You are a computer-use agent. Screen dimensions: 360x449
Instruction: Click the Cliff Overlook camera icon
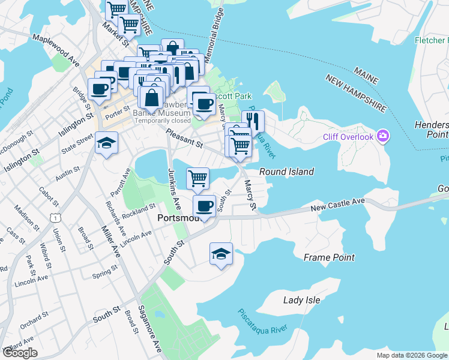[x=382, y=136]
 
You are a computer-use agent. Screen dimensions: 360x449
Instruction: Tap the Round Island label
[x=286, y=172]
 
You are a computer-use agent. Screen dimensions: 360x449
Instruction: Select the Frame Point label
[x=329, y=257]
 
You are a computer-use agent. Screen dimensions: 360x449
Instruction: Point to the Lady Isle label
[x=301, y=300]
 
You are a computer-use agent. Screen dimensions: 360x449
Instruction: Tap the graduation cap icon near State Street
[x=106, y=143]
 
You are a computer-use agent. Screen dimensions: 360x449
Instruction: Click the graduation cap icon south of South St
[x=221, y=253]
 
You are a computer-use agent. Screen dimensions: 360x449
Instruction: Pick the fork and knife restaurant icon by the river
[x=253, y=121]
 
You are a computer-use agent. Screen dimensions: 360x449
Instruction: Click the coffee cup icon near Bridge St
[x=99, y=89]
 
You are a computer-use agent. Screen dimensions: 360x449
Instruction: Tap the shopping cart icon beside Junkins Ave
[x=197, y=178]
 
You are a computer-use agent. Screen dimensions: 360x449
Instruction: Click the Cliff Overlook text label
[x=348, y=137]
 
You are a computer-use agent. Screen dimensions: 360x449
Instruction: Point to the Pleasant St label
[x=184, y=139]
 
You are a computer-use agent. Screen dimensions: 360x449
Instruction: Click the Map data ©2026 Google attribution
[x=412, y=355]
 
